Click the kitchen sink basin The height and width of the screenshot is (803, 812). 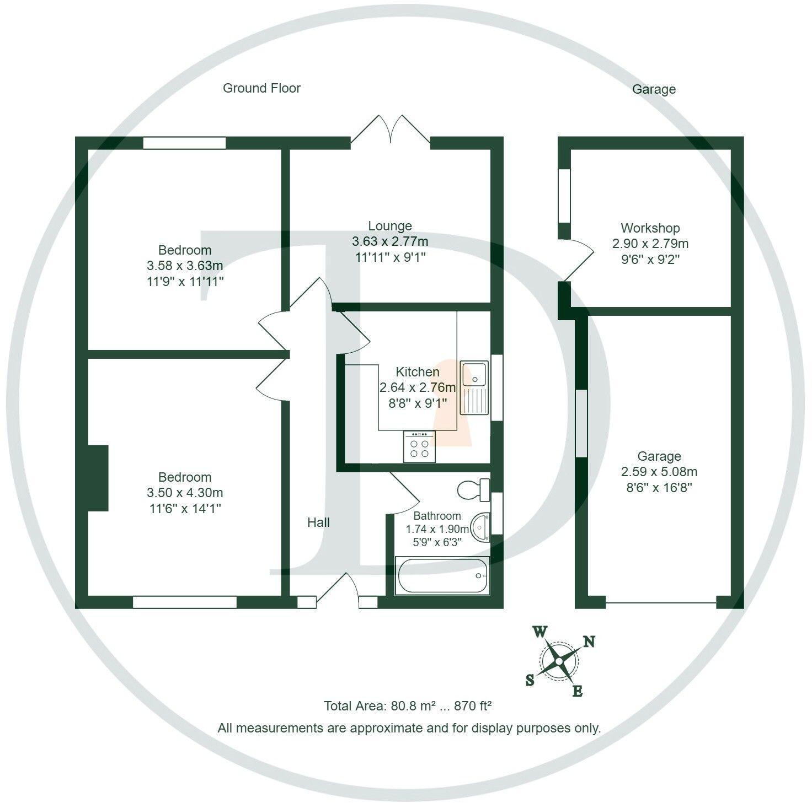(x=474, y=374)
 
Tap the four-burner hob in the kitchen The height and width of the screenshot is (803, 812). (x=419, y=446)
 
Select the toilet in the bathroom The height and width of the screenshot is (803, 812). (x=473, y=489)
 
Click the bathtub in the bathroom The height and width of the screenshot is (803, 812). (x=442, y=576)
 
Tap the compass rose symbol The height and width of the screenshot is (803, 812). (x=558, y=661)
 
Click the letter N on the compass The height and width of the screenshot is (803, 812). (x=589, y=642)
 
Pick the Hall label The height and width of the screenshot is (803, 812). (x=318, y=522)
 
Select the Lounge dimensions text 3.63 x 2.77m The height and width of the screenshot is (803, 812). (x=389, y=241)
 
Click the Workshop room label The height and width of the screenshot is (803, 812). (x=650, y=228)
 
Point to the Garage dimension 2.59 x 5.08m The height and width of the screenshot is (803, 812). (x=659, y=472)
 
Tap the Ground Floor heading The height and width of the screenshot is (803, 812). (x=261, y=88)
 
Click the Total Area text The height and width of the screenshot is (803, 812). (x=407, y=706)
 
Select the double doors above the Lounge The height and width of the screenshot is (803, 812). (x=391, y=132)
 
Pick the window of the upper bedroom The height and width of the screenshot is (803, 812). (x=184, y=143)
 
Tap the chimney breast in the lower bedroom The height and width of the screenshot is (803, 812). (x=98, y=478)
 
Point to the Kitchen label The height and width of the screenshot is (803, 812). (x=417, y=372)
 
